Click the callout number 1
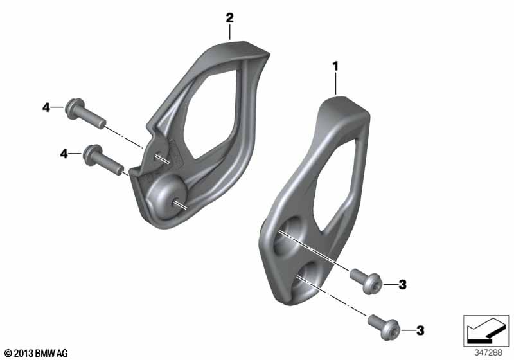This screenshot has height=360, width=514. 335,67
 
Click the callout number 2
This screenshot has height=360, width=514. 230,18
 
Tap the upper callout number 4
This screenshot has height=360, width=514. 46,107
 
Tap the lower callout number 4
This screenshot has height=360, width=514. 64,154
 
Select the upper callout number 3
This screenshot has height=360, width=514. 403,284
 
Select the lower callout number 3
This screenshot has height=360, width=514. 420,330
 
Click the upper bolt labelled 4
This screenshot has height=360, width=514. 85,113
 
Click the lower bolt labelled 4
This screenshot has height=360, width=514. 103,159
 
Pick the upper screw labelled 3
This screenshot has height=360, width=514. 366,281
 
